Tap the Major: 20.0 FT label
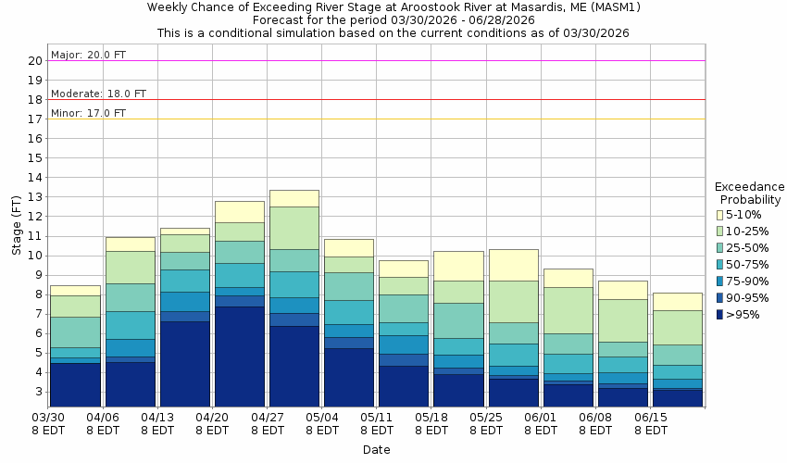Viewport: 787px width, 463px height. [x=88, y=55]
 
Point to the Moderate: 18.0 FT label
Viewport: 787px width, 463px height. [x=98, y=94]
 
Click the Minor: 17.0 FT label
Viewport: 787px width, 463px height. [x=88, y=113]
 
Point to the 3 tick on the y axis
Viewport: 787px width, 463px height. [x=38, y=392]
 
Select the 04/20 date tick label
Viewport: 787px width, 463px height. [x=213, y=418]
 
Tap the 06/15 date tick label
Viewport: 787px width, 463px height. [x=651, y=418]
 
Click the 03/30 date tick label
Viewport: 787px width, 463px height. [x=49, y=418]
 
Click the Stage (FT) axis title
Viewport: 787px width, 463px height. [x=16, y=226]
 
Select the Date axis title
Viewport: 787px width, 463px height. [x=376, y=450]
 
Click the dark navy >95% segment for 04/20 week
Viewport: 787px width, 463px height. [x=240, y=357]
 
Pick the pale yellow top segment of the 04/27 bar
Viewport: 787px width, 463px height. [x=294, y=198]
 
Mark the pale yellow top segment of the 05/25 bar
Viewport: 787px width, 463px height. [x=513, y=265]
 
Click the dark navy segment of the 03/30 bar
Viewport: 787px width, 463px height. [x=76, y=384]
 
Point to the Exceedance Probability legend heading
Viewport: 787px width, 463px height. [x=750, y=193]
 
